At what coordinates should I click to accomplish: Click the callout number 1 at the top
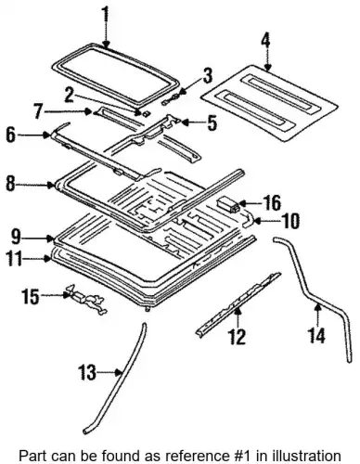[x=106, y=17]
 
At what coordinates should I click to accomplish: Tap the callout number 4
[x=265, y=44]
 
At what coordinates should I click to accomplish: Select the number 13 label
[x=87, y=372]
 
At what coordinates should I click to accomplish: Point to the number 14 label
[x=316, y=335]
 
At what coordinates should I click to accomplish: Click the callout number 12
[x=237, y=336]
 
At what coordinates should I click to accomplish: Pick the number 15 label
[x=31, y=297]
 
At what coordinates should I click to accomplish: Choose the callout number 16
[x=272, y=203]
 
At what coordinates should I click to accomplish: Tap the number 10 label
[x=290, y=221]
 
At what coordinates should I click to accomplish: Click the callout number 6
[x=11, y=135]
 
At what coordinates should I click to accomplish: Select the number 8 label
[x=10, y=184]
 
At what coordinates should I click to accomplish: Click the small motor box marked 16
[x=229, y=205]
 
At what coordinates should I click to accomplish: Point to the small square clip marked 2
[x=146, y=113]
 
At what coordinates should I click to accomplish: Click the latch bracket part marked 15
[x=87, y=300]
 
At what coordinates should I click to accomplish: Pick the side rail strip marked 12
[x=238, y=303]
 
